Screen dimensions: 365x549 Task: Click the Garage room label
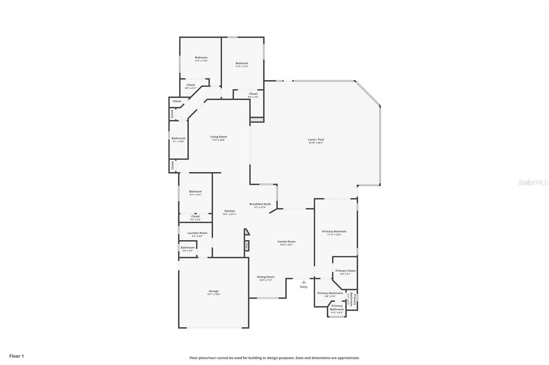(x=213, y=291)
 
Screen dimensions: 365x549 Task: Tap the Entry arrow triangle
(x=304, y=282)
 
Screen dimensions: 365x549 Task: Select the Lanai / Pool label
(x=316, y=140)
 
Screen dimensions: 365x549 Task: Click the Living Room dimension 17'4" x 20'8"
(x=218, y=140)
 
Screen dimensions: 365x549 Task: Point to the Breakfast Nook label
(x=260, y=204)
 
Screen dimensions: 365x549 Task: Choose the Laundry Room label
(x=197, y=233)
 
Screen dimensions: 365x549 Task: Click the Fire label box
(x=246, y=246)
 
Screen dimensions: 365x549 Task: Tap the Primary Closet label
(x=345, y=271)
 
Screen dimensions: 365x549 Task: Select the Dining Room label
(x=266, y=277)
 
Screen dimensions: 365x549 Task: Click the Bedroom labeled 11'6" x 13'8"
(x=201, y=58)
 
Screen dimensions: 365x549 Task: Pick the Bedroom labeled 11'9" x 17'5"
(x=242, y=63)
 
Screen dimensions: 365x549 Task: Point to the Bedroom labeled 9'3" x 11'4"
(x=195, y=191)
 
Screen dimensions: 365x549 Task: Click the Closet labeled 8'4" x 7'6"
(x=253, y=94)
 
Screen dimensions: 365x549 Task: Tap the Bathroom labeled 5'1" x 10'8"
(x=178, y=138)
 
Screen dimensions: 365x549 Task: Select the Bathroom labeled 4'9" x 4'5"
(x=187, y=248)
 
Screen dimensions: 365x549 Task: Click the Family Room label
(x=286, y=241)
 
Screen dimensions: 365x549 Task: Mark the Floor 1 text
(x=16, y=356)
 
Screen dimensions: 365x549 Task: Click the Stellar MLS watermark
(x=533, y=183)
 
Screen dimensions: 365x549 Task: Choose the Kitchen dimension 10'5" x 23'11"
(x=230, y=214)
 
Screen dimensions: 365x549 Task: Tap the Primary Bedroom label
(x=334, y=231)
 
